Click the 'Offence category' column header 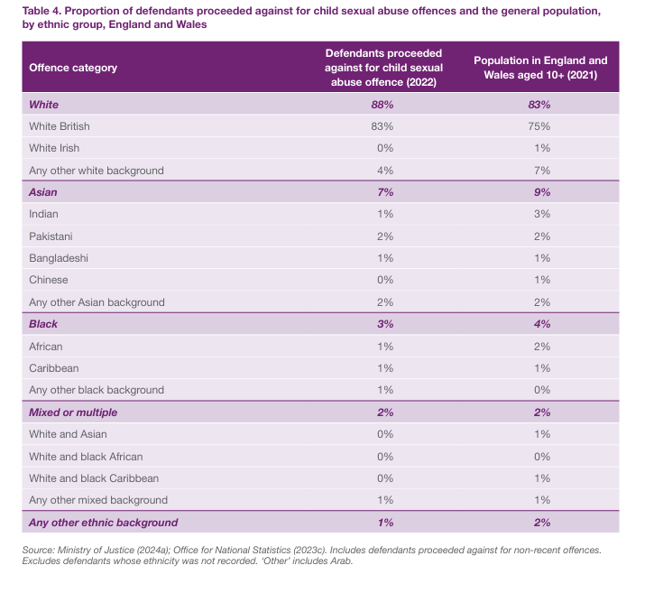[73, 68]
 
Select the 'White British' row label [60, 126]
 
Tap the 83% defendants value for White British [383, 126]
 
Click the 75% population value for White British [540, 126]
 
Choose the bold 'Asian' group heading [43, 192]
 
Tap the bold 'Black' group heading [43, 324]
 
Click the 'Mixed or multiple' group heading [73, 412]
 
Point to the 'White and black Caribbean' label [94, 478]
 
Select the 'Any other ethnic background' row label [104, 523]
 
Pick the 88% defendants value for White [383, 105]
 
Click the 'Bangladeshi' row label [60, 258]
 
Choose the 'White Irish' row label [53, 148]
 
